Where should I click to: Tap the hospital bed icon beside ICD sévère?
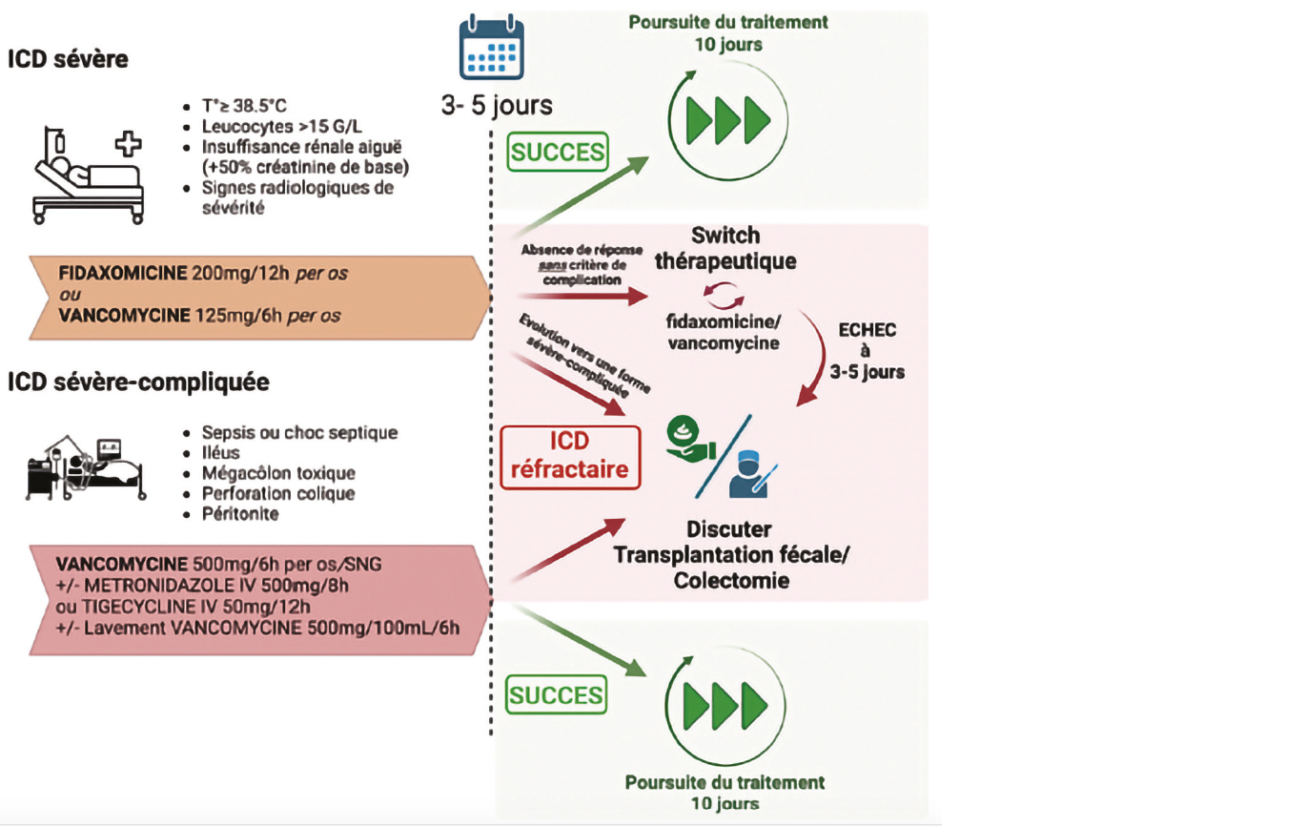pos(88,176)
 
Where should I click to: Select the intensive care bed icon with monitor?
pos(85,468)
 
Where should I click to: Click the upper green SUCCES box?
pos(558,152)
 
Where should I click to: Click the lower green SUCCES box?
pos(556,694)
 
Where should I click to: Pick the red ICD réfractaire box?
pos(570,457)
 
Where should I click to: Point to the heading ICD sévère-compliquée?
pos(139,382)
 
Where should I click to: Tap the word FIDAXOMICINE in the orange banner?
pos(122,273)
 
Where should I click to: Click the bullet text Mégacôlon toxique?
pos(278,473)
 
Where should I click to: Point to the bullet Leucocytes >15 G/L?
pos(281,127)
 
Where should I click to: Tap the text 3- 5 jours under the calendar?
pos(497,105)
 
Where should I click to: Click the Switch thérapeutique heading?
pos(725,248)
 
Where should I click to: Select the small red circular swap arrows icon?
pos(724,295)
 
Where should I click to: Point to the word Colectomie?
pos(731,581)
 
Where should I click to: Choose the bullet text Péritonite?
pos(240,514)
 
